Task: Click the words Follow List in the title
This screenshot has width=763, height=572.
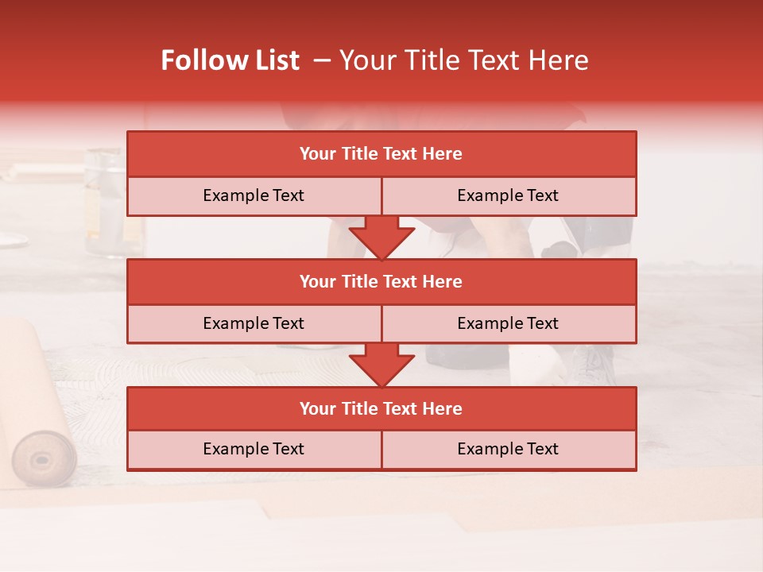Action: [x=230, y=60]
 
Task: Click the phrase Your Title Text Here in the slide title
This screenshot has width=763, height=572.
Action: [x=464, y=60]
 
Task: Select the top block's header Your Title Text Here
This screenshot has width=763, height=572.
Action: [x=381, y=154]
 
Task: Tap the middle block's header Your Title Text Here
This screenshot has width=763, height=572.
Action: [x=381, y=281]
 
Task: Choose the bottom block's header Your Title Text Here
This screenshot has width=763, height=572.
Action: [x=381, y=408]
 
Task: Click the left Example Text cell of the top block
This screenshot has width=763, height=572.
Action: [x=254, y=195]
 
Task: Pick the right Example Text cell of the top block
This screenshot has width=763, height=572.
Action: [x=508, y=195]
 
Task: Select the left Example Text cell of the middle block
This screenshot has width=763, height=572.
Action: [x=254, y=323]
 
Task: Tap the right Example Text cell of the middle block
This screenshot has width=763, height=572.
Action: [x=508, y=323]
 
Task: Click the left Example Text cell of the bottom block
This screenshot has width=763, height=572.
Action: [x=254, y=449]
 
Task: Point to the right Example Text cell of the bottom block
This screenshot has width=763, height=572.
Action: [x=508, y=449]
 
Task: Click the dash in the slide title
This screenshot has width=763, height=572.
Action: [x=322, y=60]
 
